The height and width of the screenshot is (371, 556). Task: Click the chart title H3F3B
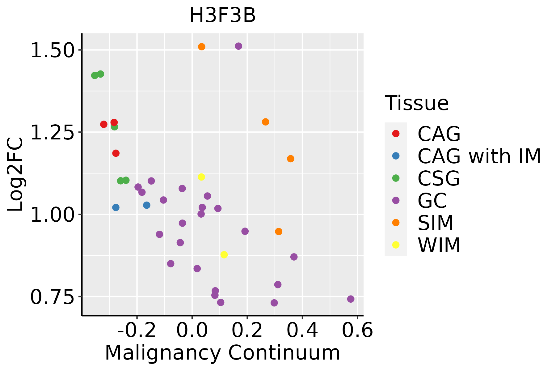(222, 15)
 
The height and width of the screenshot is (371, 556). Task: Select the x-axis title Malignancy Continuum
(222, 353)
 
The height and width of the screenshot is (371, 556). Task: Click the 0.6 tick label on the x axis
(357, 330)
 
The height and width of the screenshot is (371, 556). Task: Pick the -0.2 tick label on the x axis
(137, 330)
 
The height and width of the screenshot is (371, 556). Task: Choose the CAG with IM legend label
(479, 156)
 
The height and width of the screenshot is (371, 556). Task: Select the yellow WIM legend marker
(396, 245)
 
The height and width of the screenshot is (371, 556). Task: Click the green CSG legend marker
(396, 178)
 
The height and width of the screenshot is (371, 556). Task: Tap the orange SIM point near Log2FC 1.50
(202, 47)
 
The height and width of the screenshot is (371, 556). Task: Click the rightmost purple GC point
(351, 299)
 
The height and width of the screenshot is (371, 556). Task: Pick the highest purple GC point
(238, 46)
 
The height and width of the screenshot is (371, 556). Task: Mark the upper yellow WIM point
(201, 177)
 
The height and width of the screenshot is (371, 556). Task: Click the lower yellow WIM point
(224, 255)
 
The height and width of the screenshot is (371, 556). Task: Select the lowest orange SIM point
(279, 232)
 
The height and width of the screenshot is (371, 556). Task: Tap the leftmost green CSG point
(95, 75)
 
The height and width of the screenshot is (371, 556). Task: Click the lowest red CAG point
(116, 153)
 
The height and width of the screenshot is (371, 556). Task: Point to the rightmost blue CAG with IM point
(147, 205)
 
